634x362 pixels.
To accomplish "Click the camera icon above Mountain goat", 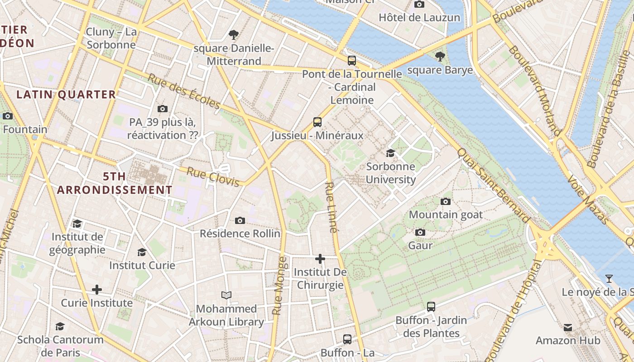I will click(x=446, y=201).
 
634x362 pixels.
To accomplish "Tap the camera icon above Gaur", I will click(x=420, y=232).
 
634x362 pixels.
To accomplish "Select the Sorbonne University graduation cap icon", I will click(x=390, y=153).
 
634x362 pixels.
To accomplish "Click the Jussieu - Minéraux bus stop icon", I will click(x=317, y=122).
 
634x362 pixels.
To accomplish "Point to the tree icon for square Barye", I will click(x=440, y=57).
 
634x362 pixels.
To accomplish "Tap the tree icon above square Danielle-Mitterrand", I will click(x=234, y=34).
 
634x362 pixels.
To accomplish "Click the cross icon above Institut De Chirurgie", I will click(x=320, y=259).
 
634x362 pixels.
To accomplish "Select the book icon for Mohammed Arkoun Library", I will click(x=226, y=295).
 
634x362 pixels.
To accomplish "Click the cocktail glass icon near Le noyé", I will click(x=609, y=279).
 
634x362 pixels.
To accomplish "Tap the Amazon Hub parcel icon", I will click(x=568, y=327).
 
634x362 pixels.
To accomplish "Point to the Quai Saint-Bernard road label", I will click(x=493, y=186).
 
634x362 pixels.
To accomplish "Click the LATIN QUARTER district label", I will click(x=66, y=95).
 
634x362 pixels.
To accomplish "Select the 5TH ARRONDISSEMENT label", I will click(x=115, y=183).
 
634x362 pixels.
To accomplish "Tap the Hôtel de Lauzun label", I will click(x=419, y=18).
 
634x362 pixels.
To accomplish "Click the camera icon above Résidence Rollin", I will click(x=240, y=220).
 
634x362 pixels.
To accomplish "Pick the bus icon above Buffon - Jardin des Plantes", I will click(x=431, y=307).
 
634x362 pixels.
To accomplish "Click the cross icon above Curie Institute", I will click(x=97, y=290).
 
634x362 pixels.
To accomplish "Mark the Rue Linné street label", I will click(x=331, y=207).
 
